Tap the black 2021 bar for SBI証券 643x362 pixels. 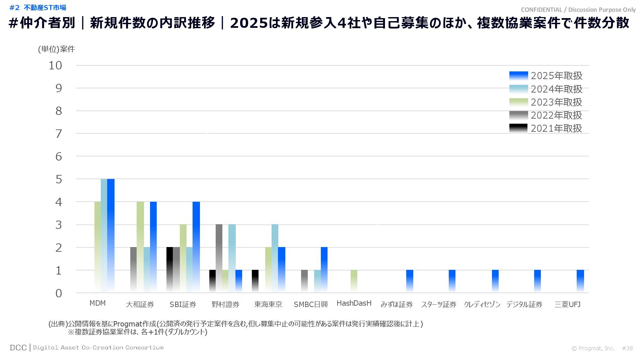[169, 270]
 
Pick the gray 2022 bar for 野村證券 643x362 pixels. [219, 258]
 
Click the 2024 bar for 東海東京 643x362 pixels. [275, 258]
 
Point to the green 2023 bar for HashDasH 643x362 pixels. [354, 281]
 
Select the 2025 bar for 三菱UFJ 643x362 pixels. [580, 281]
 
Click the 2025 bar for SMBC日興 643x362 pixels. [324, 270]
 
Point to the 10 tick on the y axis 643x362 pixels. [56, 66]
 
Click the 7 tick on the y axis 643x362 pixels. [59, 134]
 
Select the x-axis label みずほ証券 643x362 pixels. [397, 304]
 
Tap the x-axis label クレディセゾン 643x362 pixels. [482, 304]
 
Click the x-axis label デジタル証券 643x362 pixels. [524, 304]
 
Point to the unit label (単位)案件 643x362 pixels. [56, 49]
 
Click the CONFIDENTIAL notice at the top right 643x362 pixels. [578, 10]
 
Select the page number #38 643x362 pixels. [627, 348]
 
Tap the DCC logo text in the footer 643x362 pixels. [18, 348]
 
